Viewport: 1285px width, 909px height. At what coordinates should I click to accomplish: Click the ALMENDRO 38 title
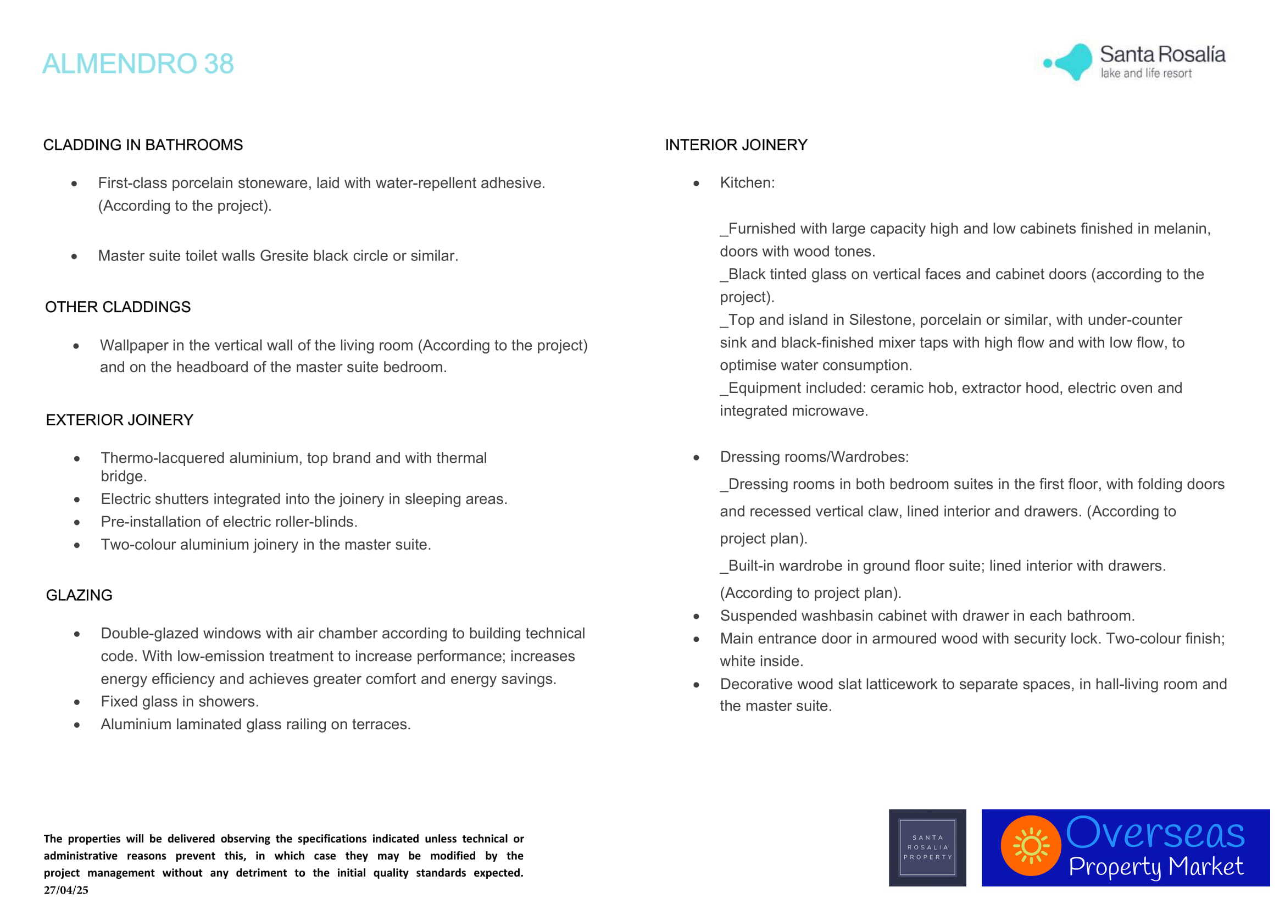pos(138,63)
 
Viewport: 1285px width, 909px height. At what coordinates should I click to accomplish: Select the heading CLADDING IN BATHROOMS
pos(143,145)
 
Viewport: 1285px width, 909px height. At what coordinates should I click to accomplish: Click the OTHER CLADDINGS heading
pos(118,307)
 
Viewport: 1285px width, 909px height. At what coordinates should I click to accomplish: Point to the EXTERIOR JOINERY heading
pos(119,420)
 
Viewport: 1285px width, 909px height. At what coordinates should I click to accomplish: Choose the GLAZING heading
pos(79,595)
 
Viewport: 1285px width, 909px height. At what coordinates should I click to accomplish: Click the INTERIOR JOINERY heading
pos(736,145)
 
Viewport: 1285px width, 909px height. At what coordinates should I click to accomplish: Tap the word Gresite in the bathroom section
pos(283,256)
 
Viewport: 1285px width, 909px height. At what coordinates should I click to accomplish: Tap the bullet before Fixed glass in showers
pos(77,702)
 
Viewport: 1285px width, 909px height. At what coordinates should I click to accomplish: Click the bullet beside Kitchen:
pos(696,183)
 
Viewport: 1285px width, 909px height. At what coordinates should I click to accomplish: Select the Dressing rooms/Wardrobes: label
pos(814,457)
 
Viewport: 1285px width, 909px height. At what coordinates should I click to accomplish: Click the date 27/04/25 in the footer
pos(66,890)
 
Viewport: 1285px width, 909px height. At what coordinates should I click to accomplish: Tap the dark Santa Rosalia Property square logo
pos(927,847)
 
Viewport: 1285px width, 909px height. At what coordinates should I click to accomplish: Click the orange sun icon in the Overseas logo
pos(1030,846)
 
